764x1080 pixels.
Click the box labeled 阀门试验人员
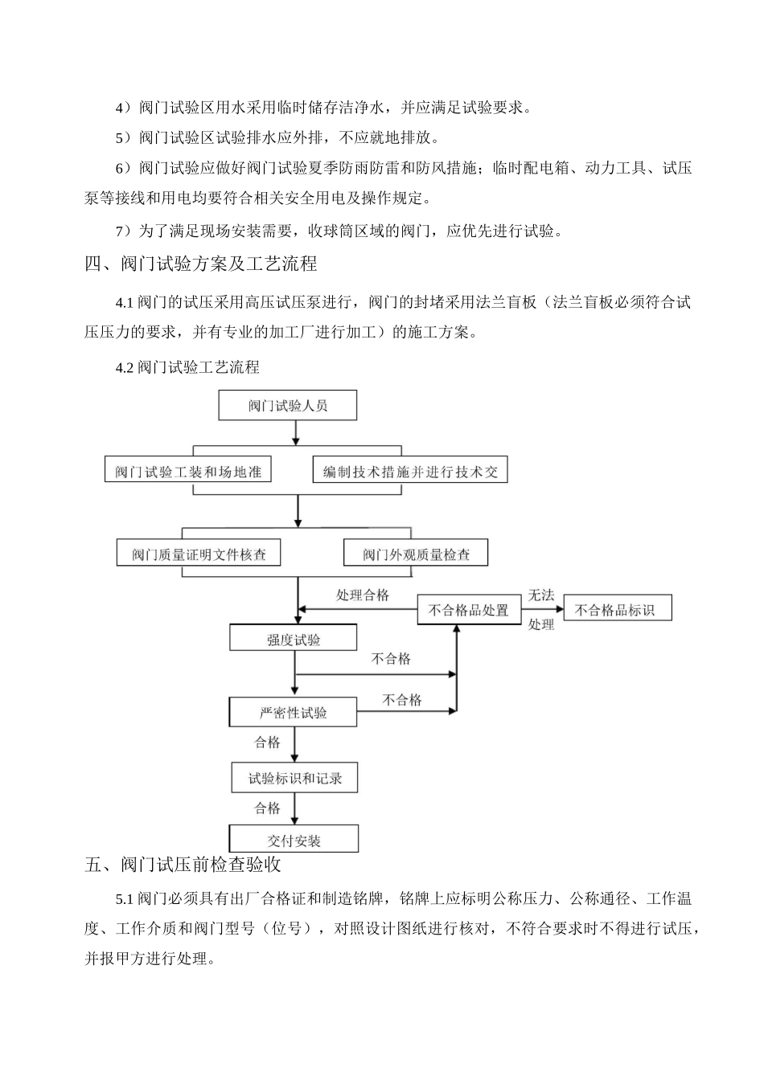[288, 406]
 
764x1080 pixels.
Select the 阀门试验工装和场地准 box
[187, 471]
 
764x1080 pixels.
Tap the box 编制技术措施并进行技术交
[410, 471]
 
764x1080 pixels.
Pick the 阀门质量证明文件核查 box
[199, 554]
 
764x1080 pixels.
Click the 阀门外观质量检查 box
[416, 554]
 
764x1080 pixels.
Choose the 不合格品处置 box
[468, 610]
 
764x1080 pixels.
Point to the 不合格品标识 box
[617, 610]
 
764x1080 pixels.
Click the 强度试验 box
[294, 639]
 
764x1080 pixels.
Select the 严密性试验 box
[294, 713]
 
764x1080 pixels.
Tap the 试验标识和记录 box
[294, 778]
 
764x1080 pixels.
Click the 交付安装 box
[294, 840]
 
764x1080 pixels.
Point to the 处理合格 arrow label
[362, 595]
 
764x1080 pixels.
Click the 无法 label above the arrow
[541, 595]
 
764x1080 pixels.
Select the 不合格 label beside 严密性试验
[401, 700]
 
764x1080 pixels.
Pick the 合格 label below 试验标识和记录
[267, 808]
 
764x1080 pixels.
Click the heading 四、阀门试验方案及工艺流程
[201, 264]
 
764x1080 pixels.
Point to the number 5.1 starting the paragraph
[125, 898]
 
